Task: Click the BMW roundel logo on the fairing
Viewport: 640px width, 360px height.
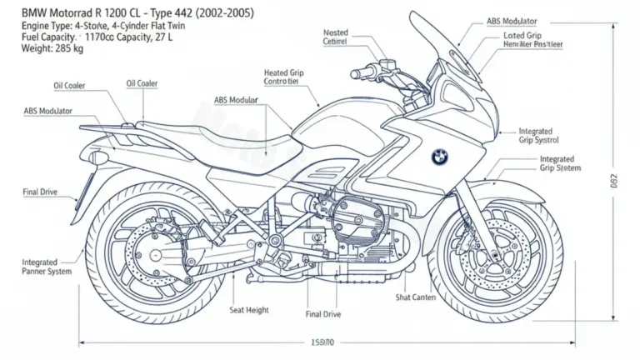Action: pyautogui.click(x=439, y=156)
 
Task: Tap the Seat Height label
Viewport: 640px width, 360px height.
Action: pyautogui.click(x=249, y=310)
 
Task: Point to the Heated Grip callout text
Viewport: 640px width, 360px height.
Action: pyautogui.click(x=284, y=77)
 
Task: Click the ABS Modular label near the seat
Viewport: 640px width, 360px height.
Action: pyautogui.click(x=236, y=99)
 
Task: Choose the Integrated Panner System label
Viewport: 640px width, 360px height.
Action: pyautogui.click(x=47, y=267)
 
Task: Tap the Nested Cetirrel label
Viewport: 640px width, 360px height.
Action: pyautogui.click(x=335, y=36)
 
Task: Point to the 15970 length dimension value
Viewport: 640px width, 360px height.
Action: pyautogui.click(x=322, y=342)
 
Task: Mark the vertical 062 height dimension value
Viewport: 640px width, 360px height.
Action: pyautogui.click(x=613, y=180)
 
